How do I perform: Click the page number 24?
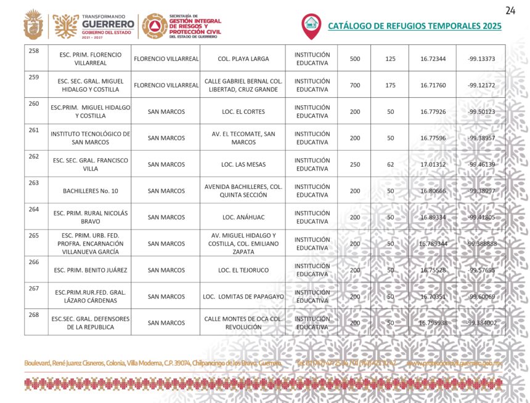point(510,10)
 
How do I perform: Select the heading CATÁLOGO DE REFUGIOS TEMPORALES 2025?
point(414,26)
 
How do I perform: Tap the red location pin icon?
point(311,25)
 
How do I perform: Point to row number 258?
point(34,50)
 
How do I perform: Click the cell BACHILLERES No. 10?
point(90,191)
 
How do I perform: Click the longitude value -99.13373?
point(481,59)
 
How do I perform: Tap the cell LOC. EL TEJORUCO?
point(243,270)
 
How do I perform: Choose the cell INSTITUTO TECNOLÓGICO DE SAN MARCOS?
point(90,138)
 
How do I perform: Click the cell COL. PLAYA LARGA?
point(243,59)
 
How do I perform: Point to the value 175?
point(390,86)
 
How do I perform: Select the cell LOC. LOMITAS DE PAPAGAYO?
point(243,297)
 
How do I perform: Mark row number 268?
point(34,315)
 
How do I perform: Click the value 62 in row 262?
point(390,165)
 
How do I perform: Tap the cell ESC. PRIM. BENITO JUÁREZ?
point(90,270)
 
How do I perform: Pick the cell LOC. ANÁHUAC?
point(243,217)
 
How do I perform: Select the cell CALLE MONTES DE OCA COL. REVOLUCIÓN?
point(243,323)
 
